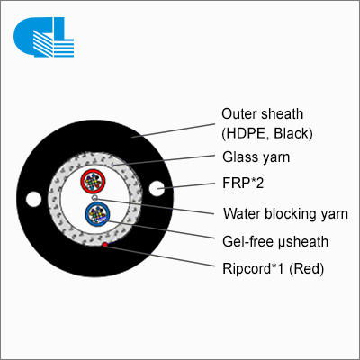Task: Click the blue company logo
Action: (x=44, y=37)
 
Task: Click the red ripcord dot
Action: (x=105, y=245)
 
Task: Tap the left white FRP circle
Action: (x=33, y=199)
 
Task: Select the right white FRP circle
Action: (x=157, y=189)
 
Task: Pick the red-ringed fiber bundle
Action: (x=93, y=182)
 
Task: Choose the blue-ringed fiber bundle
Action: (x=97, y=214)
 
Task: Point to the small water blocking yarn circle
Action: (x=95, y=198)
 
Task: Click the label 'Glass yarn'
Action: (x=256, y=157)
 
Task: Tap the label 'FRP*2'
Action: (x=243, y=183)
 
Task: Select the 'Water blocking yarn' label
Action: (x=285, y=214)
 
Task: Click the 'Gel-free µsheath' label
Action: (x=275, y=241)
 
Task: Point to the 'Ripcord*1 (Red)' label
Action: (x=273, y=268)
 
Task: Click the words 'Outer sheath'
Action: (x=263, y=114)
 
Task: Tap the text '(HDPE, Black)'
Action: (x=267, y=133)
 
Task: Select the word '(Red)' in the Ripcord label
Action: (x=306, y=269)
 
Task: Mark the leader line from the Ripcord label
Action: (x=160, y=256)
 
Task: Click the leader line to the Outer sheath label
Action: (x=174, y=130)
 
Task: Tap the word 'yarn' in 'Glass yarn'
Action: (x=276, y=158)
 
